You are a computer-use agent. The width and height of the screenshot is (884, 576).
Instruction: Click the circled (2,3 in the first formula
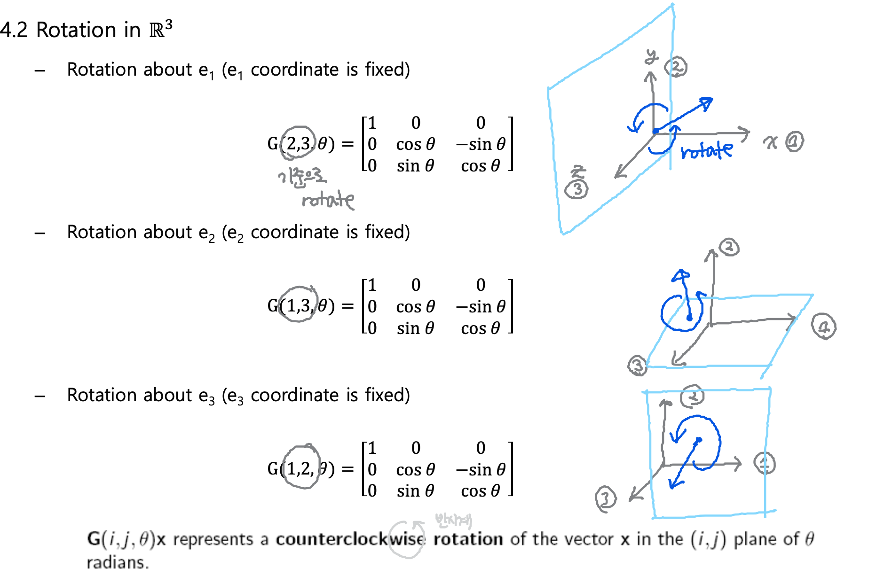[x=298, y=143]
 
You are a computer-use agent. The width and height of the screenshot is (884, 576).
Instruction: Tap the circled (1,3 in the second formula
[x=298, y=305]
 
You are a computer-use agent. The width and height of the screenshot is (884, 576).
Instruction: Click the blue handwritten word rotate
[x=707, y=150]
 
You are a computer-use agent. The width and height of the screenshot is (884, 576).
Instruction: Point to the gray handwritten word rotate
[x=328, y=200]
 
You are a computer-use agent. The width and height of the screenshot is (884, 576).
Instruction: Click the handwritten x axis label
[x=770, y=142]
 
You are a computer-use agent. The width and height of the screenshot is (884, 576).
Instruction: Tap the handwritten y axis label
[x=651, y=57]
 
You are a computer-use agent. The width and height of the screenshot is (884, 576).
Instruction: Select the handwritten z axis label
[x=578, y=171]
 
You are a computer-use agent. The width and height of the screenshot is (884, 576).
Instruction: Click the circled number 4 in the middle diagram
[x=823, y=327]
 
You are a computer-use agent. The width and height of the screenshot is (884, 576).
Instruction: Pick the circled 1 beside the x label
[x=794, y=141]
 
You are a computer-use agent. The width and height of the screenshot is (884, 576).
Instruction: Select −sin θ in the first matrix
[x=481, y=144]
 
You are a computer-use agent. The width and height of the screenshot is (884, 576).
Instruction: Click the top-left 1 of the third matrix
[x=372, y=448]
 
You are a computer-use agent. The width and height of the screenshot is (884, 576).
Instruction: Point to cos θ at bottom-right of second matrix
[x=481, y=328]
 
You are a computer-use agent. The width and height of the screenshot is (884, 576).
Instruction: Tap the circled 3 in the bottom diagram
[x=605, y=498]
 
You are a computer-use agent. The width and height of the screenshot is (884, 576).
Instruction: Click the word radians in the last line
[x=117, y=562]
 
